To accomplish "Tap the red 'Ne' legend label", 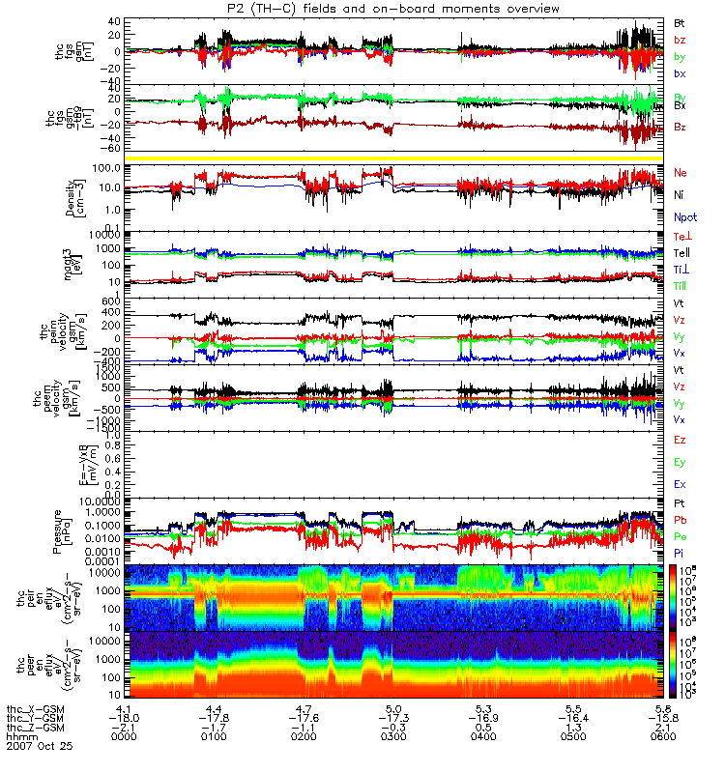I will point(680,172).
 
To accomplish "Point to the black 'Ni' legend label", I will point(679,195).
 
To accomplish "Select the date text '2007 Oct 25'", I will point(39,746).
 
